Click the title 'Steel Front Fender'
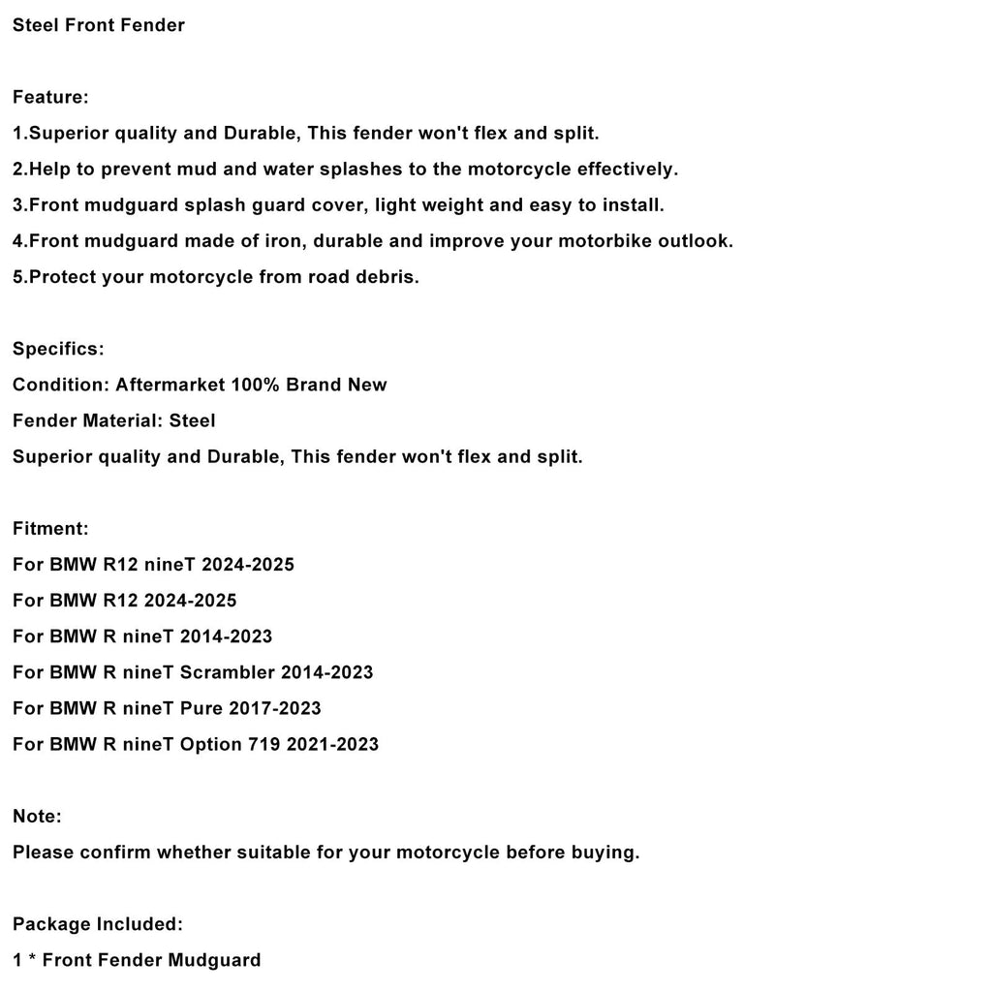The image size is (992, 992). coord(98,25)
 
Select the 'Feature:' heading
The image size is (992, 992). coord(50,97)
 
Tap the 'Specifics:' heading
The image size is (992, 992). coord(58,349)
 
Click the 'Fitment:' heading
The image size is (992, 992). coord(50,528)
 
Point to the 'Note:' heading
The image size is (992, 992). coord(37,816)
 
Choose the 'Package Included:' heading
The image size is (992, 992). coord(97,924)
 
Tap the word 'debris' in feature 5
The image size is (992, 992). coord(386,276)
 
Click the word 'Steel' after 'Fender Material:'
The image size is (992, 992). coord(192,420)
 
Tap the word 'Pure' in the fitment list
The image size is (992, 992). coord(201,707)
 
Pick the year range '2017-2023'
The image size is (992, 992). coord(275,707)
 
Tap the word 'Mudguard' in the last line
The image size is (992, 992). coord(214,960)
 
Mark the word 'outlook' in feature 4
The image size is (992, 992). coord(695,240)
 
